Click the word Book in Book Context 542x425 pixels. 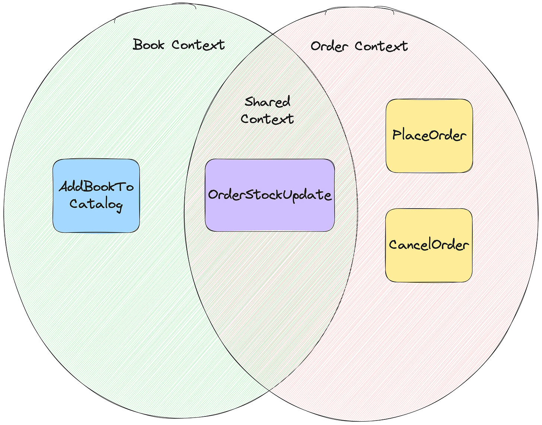[x=149, y=45]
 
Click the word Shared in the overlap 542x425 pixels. [x=267, y=102]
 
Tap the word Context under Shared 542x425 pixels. [x=267, y=119]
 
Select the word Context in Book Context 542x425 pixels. [x=198, y=45]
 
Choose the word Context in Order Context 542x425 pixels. [x=381, y=46]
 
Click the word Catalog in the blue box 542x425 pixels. [x=96, y=204]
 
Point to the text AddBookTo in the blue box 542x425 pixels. [x=96, y=187]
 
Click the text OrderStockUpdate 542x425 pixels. [x=270, y=195]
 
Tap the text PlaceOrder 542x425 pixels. [x=429, y=135]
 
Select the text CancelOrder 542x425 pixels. [x=429, y=245]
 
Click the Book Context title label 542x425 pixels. [x=179, y=45]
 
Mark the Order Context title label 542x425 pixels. [x=359, y=47]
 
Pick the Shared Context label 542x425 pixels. [x=267, y=110]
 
